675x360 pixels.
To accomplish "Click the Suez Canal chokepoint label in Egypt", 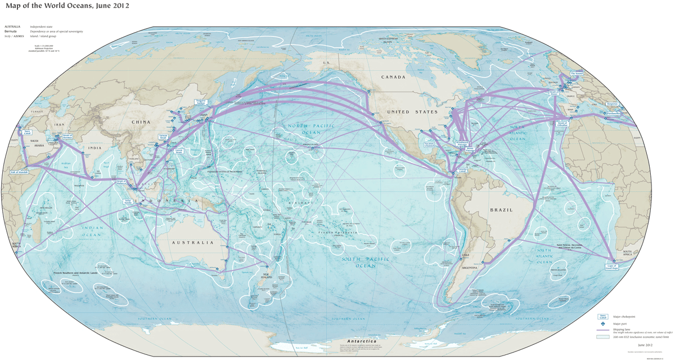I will tap(26, 133).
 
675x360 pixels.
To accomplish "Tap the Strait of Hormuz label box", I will tap(67, 136).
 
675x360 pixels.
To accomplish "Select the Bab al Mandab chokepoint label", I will tap(19, 172).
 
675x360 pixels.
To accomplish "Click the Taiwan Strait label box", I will tap(164, 137).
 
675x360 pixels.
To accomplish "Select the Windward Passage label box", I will tap(462, 143).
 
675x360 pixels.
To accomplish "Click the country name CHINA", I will tap(141, 121).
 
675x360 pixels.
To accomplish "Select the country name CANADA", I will tap(393, 77).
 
